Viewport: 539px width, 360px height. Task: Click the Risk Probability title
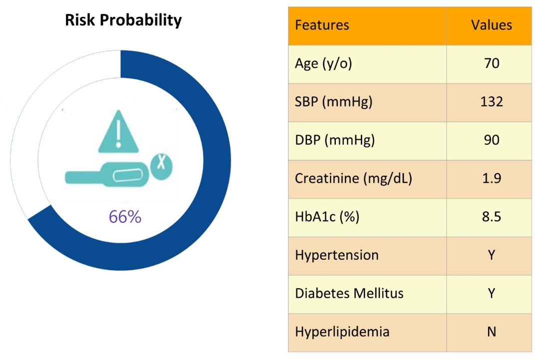click(x=123, y=20)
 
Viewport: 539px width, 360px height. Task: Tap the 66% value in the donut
click(x=125, y=217)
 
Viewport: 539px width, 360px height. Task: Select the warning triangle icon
click(x=119, y=132)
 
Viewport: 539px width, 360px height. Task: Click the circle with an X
click(x=161, y=167)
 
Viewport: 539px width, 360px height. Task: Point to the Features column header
click(x=322, y=25)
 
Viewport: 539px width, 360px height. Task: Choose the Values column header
click(x=491, y=25)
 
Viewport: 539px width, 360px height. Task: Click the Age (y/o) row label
click(x=323, y=63)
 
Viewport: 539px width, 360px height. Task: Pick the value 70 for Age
click(x=492, y=63)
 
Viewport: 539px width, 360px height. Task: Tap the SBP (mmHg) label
click(x=334, y=102)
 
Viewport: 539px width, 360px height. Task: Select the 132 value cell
click(x=492, y=102)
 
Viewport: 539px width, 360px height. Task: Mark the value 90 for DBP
click(x=492, y=140)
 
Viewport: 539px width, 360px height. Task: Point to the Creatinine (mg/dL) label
click(x=354, y=179)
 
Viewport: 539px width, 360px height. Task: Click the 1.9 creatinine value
click(x=492, y=179)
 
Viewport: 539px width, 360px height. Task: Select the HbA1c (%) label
click(x=327, y=217)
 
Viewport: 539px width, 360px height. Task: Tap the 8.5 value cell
click(x=492, y=217)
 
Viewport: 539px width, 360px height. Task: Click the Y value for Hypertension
click(x=492, y=255)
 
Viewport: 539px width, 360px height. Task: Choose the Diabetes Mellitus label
click(x=349, y=293)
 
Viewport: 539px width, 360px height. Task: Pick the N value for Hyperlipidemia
click(x=492, y=332)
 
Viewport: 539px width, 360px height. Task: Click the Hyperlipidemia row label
click(x=342, y=332)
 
